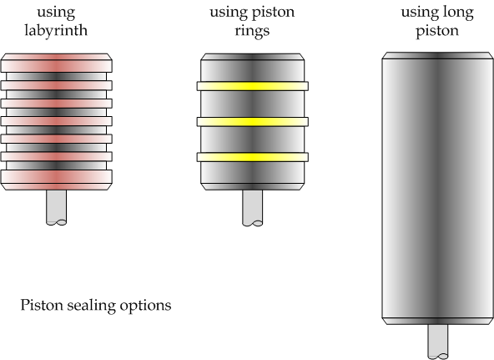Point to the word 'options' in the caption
(146, 306)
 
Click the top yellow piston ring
(253, 85)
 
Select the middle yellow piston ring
(253, 121)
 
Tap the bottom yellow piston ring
(253, 157)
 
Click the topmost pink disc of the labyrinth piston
(57, 63)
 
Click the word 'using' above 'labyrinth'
(57, 13)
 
